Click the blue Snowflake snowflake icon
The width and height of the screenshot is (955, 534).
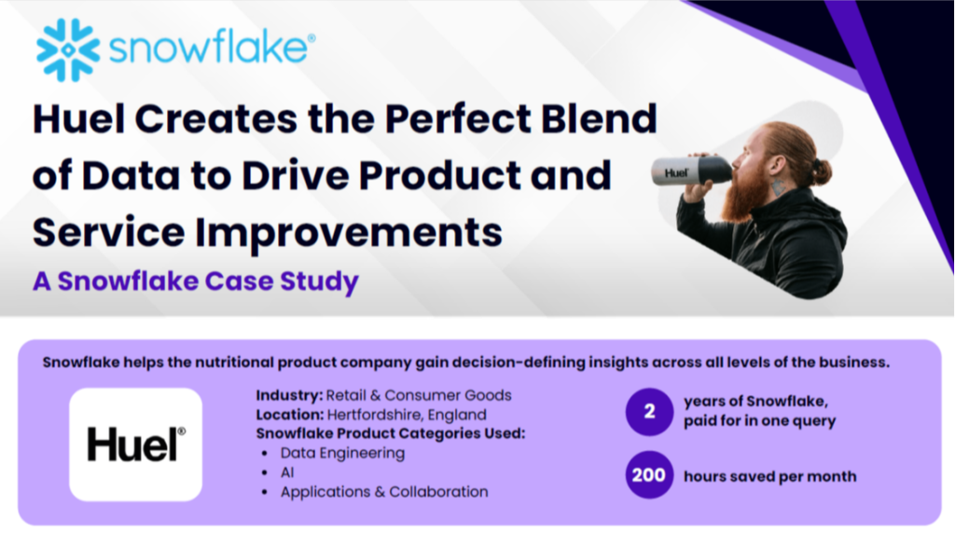68,50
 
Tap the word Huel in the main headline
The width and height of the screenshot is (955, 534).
78,118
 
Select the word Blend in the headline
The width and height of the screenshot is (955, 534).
600,118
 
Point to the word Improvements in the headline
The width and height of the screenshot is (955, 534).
349,233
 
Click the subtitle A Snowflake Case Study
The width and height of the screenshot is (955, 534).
196,281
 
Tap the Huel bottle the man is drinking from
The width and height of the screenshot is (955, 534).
692,170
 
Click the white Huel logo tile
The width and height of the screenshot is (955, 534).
136,445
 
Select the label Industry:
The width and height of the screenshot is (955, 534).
289,395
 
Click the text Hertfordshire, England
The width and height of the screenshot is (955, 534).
407,415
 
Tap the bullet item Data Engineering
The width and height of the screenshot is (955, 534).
342,453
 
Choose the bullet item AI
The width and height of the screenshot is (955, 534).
287,472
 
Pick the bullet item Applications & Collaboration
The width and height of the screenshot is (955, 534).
384,492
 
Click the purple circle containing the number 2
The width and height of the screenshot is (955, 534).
649,412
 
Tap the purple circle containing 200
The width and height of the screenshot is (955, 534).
649,475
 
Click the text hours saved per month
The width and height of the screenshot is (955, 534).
769,476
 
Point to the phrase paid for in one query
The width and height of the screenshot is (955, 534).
759,420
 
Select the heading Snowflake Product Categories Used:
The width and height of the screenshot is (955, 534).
391,433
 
